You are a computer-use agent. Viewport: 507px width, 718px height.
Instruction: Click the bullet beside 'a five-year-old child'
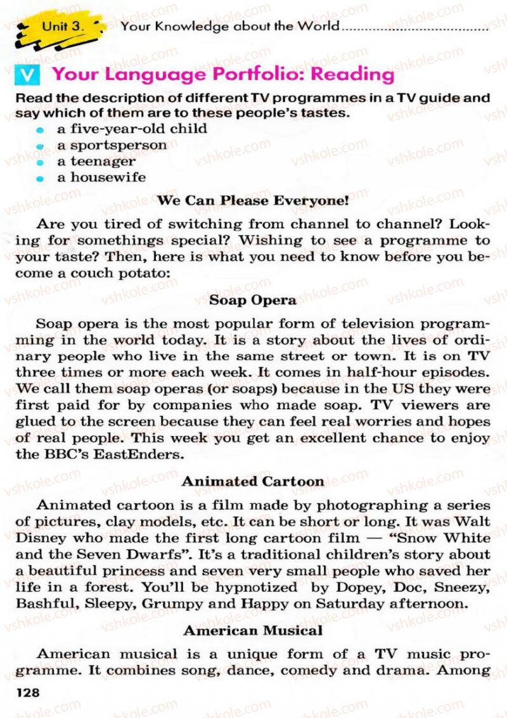pyautogui.click(x=39, y=130)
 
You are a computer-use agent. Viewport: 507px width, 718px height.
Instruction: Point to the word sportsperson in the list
pyautogui.click(x=119, y=145)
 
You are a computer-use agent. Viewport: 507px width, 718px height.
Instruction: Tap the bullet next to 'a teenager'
pyautogui.click(x=39, y=163)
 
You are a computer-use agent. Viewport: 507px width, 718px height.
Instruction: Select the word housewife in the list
pyautogui.click(x=108, y=177)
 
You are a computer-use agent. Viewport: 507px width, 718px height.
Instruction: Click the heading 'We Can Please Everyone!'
pyautogui.click(x=253, y=201)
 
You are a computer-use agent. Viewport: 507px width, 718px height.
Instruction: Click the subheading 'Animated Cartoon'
pyautogui.click(x=253, y=481)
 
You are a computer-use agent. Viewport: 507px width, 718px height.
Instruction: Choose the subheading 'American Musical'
pyautogui.click(x=253, y=631)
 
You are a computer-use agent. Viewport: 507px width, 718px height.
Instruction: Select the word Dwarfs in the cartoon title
pyautogui.click(x=154, y=555)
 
